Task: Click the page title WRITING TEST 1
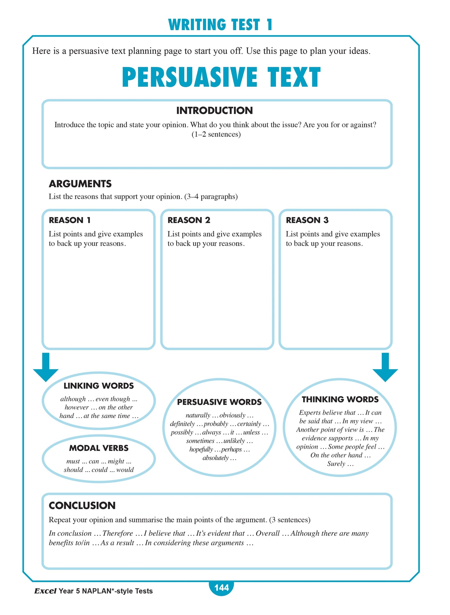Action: [220, 25]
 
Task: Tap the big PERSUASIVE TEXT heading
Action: [221, 77]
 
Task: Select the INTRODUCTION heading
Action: [214, 110]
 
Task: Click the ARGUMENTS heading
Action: [80, 184]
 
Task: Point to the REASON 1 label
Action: [70, 220]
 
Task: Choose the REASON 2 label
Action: [189, 220]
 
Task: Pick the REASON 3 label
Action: [307, 220]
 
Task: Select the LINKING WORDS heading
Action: [98, 386]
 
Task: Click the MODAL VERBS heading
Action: [99, 448]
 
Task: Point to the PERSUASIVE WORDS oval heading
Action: [219, 402]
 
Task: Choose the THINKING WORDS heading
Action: [340, 400]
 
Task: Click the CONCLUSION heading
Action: [82, 506]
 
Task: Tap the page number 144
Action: [221, 588]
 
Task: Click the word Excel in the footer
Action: [45, 591]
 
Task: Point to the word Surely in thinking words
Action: [336, 464]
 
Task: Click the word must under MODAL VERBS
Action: [73, 462]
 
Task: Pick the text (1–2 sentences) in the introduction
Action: [216, 134]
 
